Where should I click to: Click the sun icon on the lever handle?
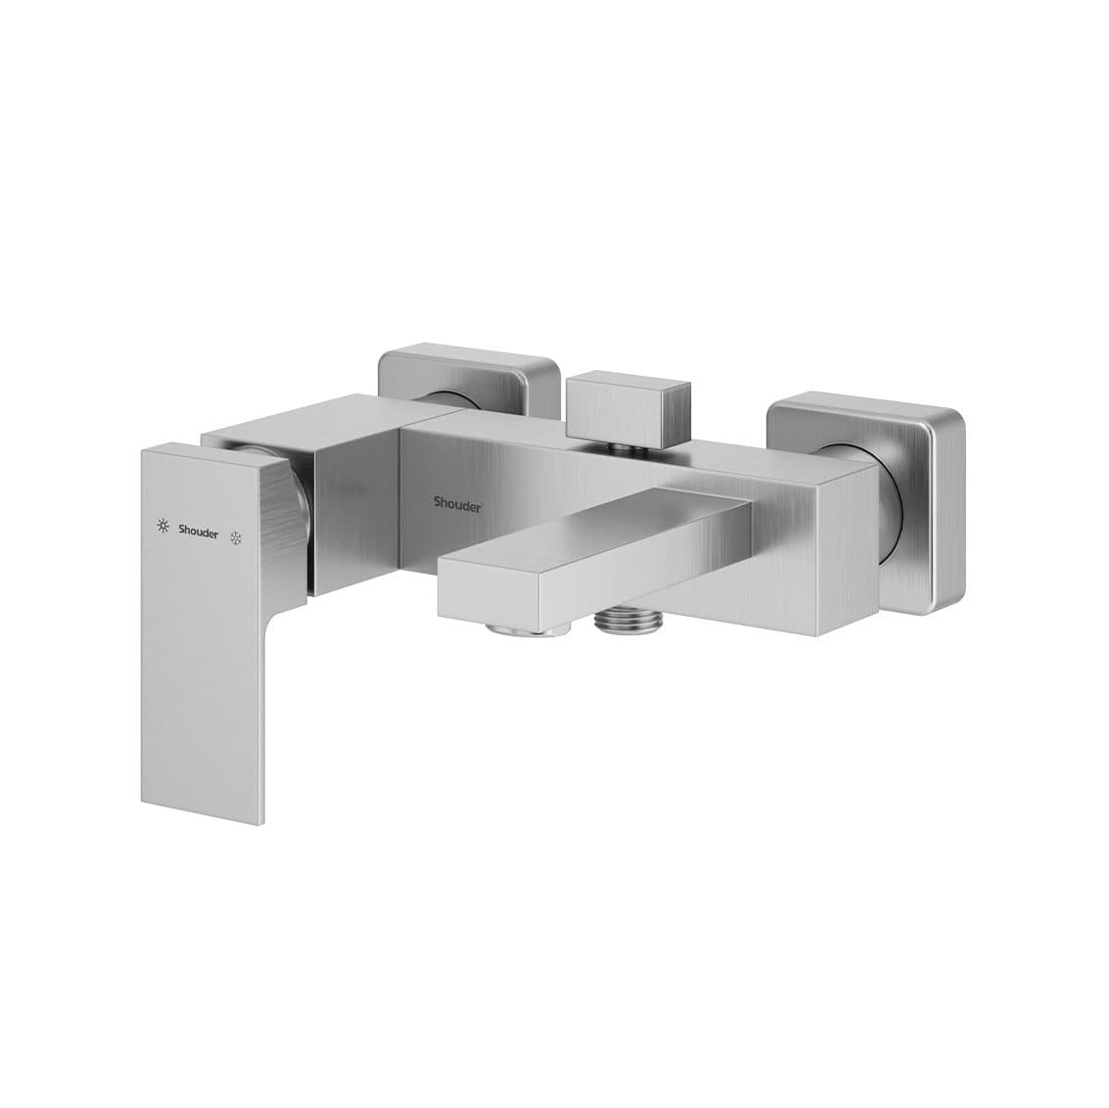point(163,526)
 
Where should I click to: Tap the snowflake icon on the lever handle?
point(236,537)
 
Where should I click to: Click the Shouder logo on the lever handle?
point(199,532)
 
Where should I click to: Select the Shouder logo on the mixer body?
point(458,503)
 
